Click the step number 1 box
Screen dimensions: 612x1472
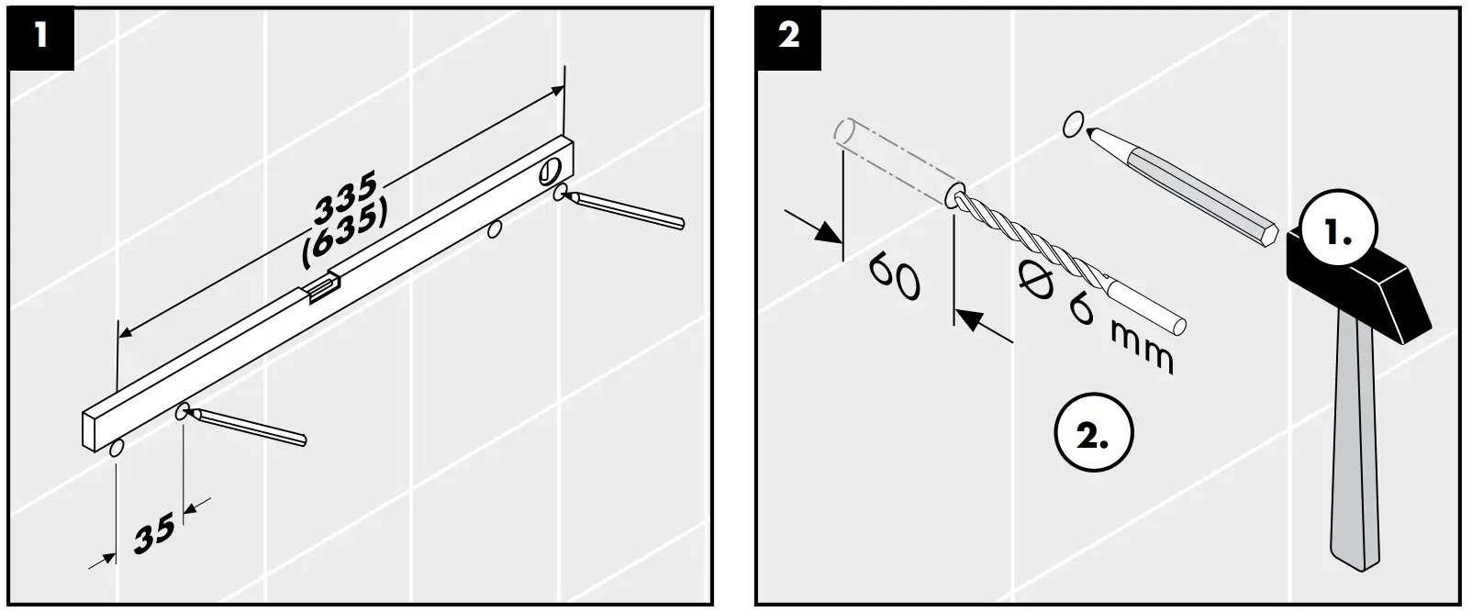pos(39,37)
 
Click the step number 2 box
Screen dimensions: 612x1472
pos(788,37)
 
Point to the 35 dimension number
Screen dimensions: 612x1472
pos(153,534)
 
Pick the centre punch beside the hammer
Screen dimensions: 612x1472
pos(1184,184)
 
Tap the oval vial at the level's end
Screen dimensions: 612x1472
pos(551,170)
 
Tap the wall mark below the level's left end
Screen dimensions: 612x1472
pos(116,449)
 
